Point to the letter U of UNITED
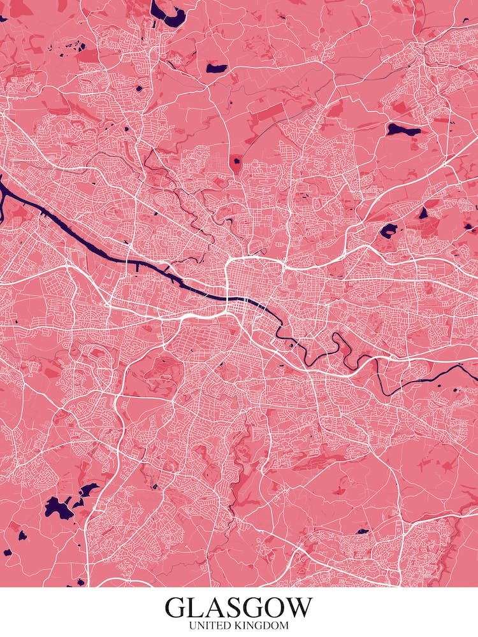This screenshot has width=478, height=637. click(192, 626)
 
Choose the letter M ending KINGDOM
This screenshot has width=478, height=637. click(284, 626)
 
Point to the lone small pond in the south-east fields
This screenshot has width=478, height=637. click(363, 531)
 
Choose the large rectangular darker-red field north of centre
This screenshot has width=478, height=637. click(264, 116)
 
